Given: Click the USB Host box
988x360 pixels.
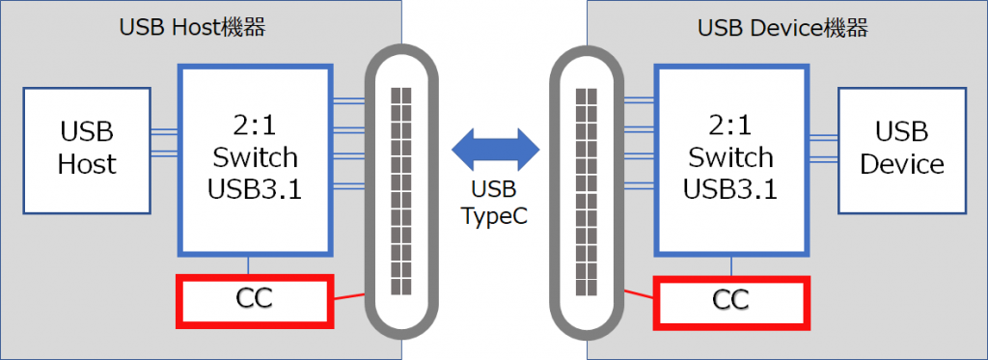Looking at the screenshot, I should pyautogui.click(x=86, y=150).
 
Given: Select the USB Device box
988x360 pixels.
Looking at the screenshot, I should pyautogui.click(x=901, y=150).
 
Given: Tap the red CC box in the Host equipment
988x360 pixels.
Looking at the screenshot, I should pyautogui.click(x=254, y=300).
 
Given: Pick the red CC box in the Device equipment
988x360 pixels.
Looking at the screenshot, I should pyautogui.click(x=730, y=300).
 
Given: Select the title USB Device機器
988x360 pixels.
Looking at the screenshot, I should pyautogui.click(x=782, y=27).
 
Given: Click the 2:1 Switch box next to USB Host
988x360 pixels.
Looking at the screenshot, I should pyautogui.click(x=254, y=157).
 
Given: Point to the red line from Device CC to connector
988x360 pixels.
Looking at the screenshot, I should pyautogui.click(x=637, y=295).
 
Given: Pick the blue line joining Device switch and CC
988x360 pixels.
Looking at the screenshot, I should pyautogui.click(x=730, y=265).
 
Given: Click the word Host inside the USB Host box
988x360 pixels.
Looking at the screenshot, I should pyautogui.click(x=87, y=164).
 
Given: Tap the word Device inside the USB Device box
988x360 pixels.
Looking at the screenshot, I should pyautogui.click(x=901, y=164).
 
